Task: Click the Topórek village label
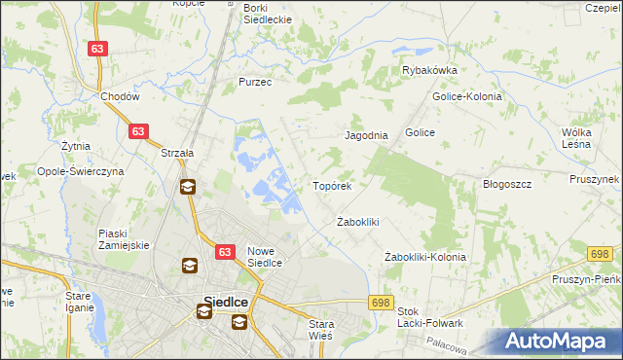[x=338, y=185]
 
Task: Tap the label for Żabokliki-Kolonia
[x=425, y=257]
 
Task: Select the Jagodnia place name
[x=367, y=136]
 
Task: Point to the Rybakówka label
[x=430, y=70]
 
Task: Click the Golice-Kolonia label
[x=466, y=96]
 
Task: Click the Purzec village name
[x=255, y=83]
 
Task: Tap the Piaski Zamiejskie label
[x=124, y=239]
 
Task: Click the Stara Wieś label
[x=320, y=329]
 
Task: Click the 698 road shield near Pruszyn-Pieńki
[x=599, y=254]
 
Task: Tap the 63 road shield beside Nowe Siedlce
[x=225, y=252]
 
